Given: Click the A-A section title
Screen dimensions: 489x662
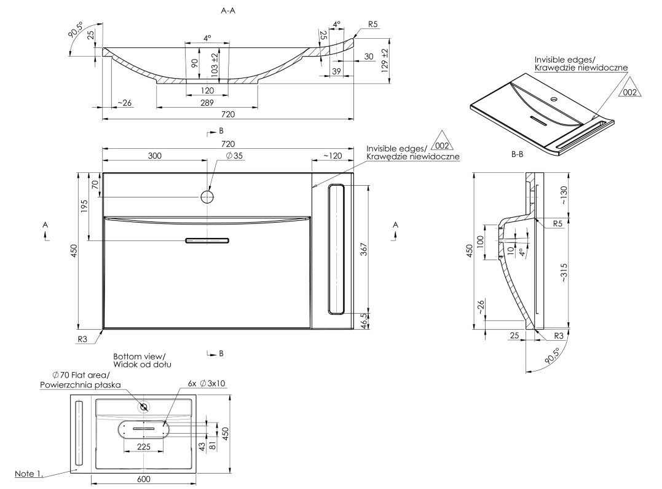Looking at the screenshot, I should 229,10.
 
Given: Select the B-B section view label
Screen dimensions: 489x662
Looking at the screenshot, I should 517,156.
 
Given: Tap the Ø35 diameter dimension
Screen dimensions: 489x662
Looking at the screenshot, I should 235,156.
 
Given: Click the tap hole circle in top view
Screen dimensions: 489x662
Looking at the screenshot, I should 207,196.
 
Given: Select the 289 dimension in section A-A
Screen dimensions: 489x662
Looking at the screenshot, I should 208,103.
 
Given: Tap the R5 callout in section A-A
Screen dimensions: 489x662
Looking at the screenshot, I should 373,25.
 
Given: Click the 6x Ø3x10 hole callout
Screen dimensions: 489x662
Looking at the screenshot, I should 207,383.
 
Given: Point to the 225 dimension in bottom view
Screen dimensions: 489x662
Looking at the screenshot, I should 143,447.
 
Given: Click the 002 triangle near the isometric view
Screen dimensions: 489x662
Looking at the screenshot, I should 629,91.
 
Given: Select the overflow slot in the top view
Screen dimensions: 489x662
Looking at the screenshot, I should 207,241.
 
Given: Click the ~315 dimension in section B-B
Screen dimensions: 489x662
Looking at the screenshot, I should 564,272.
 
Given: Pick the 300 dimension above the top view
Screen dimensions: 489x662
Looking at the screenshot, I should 154,156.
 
